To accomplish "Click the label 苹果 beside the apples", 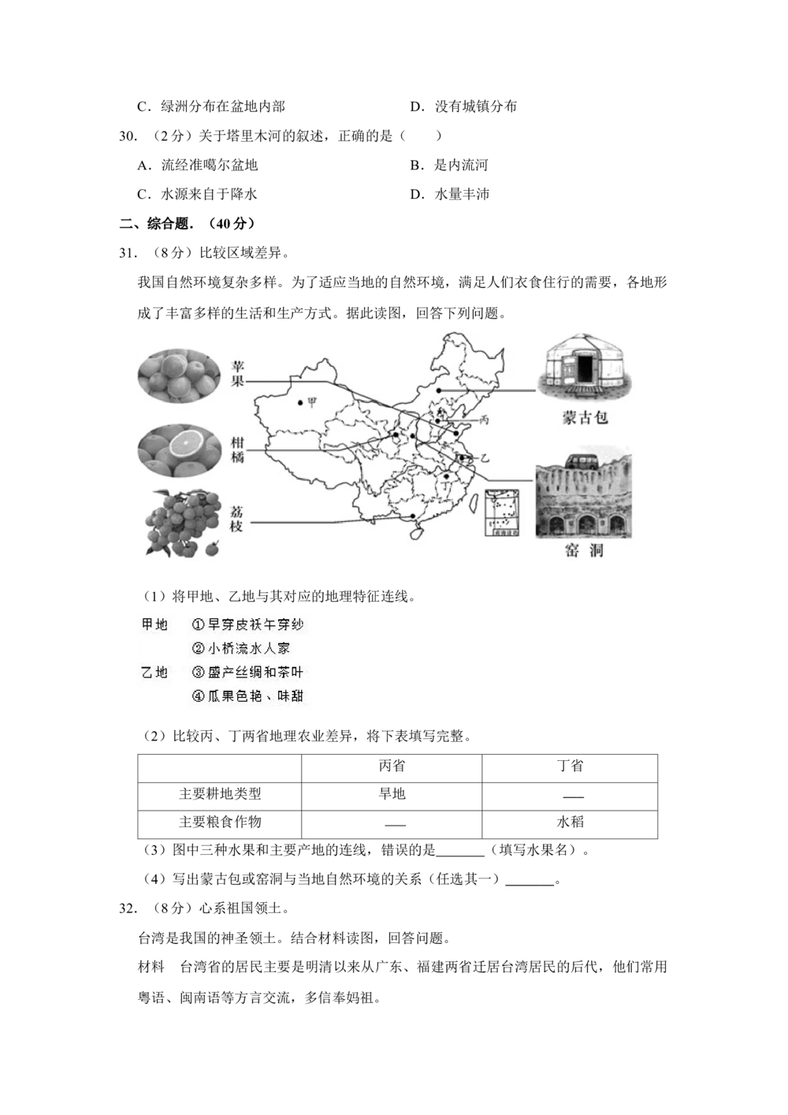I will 237,375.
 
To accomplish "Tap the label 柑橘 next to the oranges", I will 237,449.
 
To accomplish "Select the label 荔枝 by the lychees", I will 236,518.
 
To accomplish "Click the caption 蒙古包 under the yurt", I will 585,418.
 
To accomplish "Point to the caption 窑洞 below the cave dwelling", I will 585,550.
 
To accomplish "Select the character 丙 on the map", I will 484,420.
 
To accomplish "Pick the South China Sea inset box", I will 502,513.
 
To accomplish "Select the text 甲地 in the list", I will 154,625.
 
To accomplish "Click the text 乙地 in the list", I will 154,673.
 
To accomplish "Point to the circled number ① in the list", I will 199,625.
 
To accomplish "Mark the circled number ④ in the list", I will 199,697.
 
